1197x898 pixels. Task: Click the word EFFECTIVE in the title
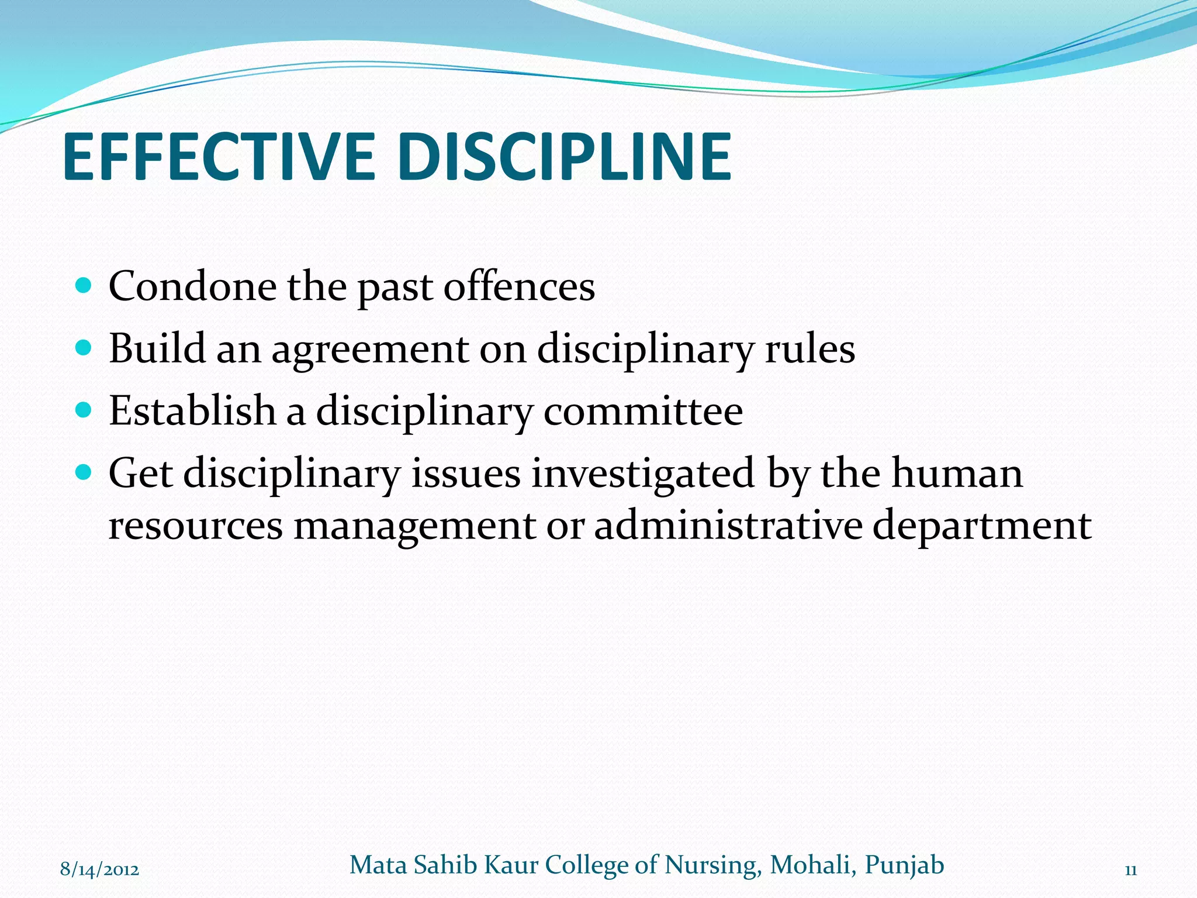coord(218,157)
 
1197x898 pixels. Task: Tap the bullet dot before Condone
coord(84,285)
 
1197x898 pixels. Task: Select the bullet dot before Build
coord(84,348)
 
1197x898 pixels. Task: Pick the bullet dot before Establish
coord(84,410)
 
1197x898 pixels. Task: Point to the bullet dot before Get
coord(84,472)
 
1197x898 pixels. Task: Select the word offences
coord(519,286)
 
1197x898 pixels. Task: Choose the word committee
coord(643,411)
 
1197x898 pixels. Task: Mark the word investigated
coord(642,474)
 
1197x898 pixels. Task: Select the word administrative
coord(728,524)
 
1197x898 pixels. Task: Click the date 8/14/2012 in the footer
coord(99,869)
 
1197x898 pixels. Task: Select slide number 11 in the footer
coord(1130,870)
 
